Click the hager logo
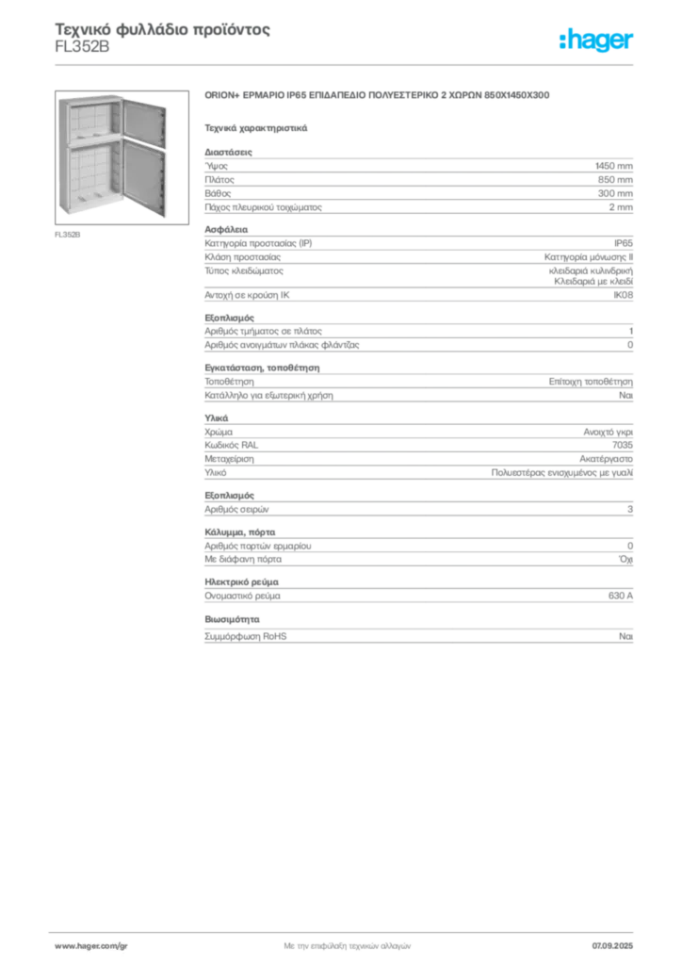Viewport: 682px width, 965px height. pos(596,40)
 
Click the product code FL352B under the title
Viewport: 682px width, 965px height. pos(82,47)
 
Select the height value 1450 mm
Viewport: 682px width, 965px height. pos(614,166)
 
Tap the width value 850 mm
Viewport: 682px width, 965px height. pos(615,180)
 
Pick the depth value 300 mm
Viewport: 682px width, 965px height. pos(615,193)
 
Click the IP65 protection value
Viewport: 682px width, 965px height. pos(623,243)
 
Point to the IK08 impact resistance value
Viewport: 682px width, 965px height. pos(623,295)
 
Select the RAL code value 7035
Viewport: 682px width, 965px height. pos(623,445)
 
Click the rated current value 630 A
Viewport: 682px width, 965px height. pos(621,596)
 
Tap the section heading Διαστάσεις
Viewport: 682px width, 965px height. pos(228,152)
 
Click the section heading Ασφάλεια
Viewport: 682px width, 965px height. pos(226,230)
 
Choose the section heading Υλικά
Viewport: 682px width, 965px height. pos(217,417)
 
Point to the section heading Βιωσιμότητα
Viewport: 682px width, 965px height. pos(232,619)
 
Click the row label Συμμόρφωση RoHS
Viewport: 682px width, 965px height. pos(245,636)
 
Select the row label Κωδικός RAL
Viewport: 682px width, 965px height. pos(231,445)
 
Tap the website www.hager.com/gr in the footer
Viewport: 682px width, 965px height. pos(91,946)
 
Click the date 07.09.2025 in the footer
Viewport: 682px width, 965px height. pos(612,946)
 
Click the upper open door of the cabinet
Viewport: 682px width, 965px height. pos(144,123)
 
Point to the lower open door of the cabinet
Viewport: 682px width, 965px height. pos(144,177)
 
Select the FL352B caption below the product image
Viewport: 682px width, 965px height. pos(68,235)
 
